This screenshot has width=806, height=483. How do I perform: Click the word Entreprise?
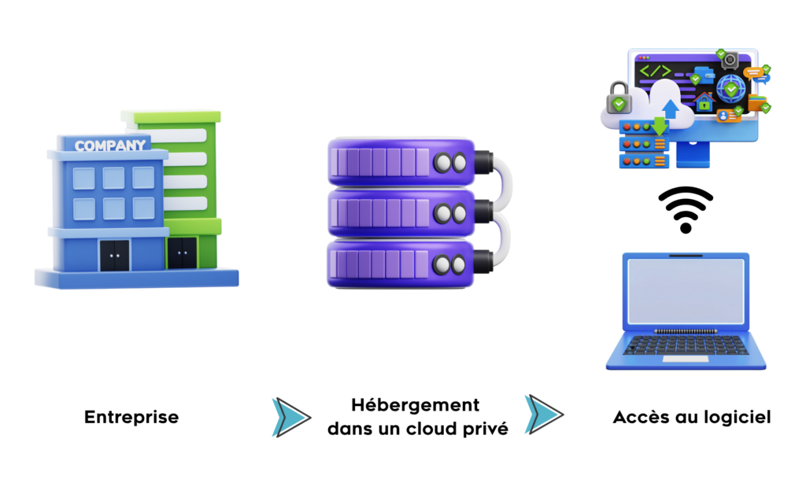131,417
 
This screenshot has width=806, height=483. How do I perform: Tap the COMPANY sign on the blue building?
110,146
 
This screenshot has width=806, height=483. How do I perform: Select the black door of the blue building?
114,256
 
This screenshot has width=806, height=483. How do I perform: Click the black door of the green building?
182,253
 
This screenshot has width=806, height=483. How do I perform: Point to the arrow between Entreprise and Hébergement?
291,417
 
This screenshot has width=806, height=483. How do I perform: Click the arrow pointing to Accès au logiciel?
544,414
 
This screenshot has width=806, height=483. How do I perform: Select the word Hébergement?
416,405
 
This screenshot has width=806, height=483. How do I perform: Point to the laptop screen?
686,291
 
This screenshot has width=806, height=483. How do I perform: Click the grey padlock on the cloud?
619,98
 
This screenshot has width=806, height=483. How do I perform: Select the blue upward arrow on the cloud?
671,109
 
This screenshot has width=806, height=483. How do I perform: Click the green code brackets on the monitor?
656,70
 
